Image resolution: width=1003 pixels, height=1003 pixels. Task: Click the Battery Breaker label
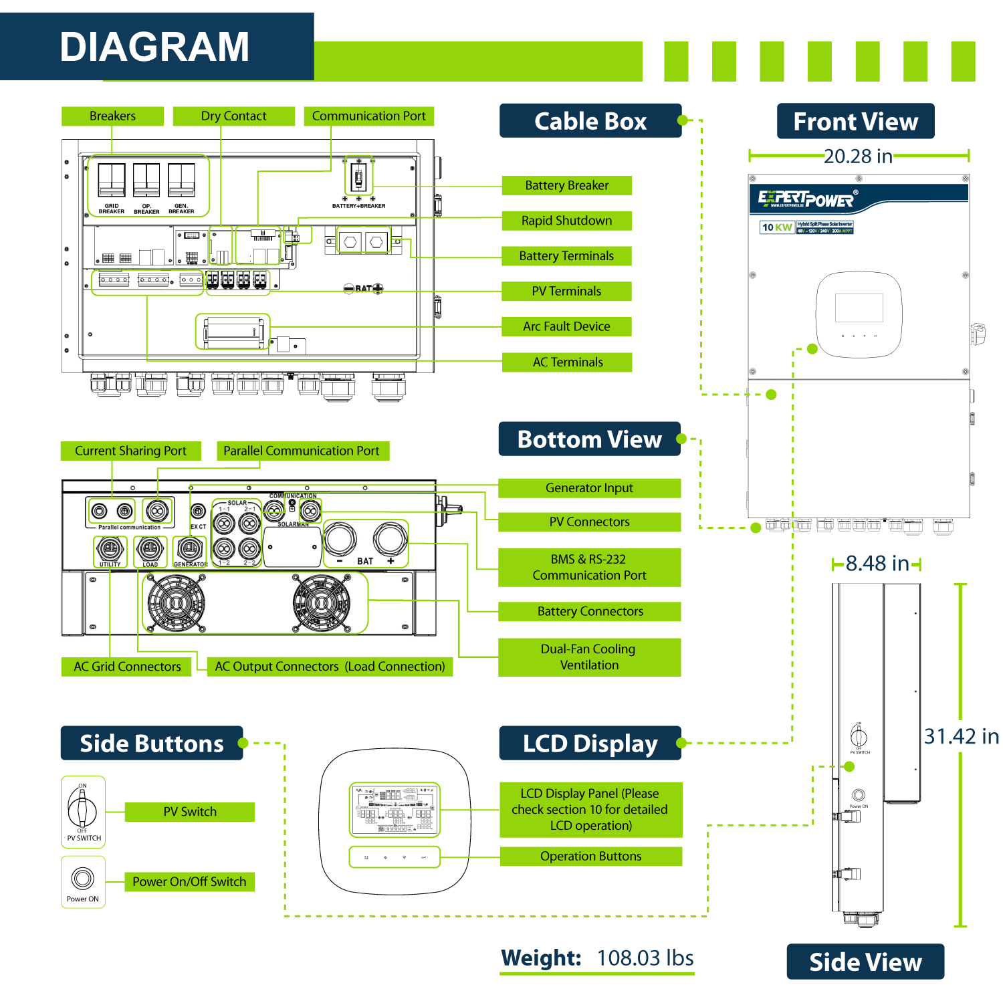566,185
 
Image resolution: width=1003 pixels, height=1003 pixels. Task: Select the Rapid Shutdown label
566,221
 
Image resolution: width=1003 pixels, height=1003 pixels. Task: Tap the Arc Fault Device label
566,326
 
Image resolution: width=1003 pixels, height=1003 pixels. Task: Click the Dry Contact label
233,116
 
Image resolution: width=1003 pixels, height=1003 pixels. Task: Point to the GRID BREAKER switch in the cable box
112,181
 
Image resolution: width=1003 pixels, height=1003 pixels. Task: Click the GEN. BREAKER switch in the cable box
181,181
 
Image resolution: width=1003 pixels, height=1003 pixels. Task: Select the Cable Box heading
590,121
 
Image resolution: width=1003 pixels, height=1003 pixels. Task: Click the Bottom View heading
589,439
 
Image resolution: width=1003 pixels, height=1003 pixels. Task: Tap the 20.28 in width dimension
858,156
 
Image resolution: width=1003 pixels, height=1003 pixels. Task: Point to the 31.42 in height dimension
961,736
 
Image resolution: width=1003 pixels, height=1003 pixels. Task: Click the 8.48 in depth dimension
877,564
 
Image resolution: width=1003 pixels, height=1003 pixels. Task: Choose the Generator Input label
589,488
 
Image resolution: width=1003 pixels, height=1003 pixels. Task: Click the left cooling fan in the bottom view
176,603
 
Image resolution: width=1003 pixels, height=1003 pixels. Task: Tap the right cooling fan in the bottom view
322,603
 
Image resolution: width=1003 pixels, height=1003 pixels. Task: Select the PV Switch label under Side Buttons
190,812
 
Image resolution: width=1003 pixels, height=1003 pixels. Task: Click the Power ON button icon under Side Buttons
83,878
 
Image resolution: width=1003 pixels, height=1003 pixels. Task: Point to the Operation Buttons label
590,857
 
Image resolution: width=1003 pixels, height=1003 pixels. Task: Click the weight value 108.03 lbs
645,958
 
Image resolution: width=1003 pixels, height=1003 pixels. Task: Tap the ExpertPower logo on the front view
807,199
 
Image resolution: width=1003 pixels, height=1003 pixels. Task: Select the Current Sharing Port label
130,451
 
